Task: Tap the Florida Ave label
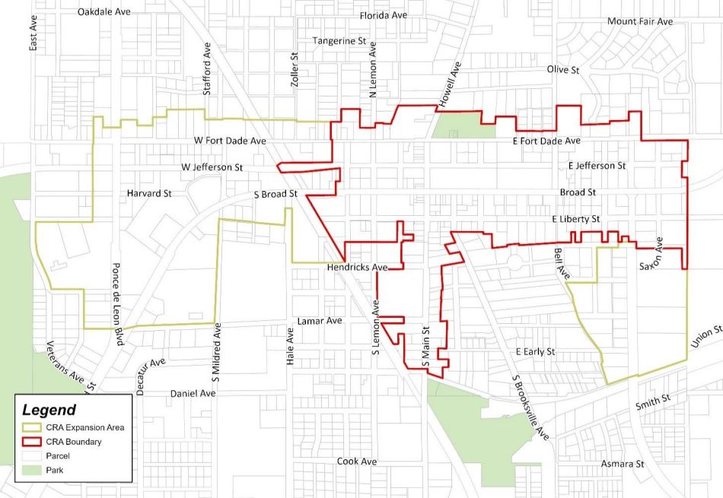(388, 14)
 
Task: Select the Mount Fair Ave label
(639, 21)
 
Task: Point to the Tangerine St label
(340, 40)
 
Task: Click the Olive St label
(563, 69)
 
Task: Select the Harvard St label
(149, 193)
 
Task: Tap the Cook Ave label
(357, 462)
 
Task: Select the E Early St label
(536, 351)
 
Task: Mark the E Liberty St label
(576, 219)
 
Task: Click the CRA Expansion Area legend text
(85, 427)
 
